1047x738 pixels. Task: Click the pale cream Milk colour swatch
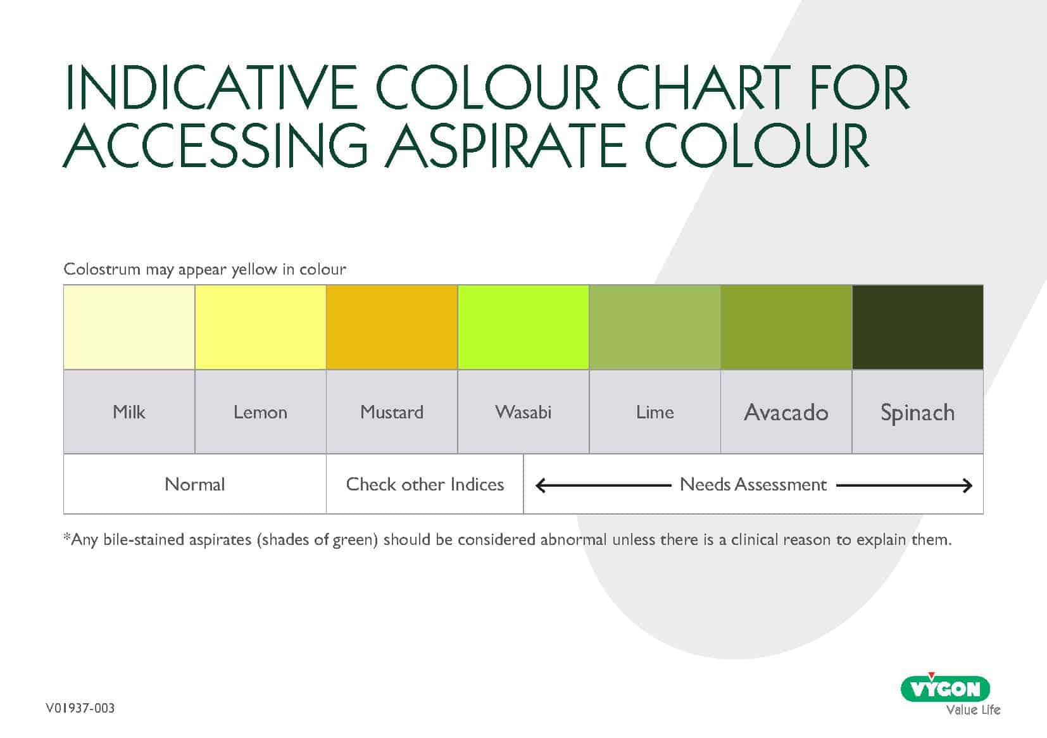click(129, 327)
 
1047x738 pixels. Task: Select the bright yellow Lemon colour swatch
click(260, 327)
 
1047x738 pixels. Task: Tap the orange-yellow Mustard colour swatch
click(392, 327)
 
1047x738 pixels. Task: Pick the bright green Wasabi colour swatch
click(523, 327)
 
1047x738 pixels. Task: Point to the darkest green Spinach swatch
click(917, 327)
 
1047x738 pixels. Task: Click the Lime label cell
click(655, 412)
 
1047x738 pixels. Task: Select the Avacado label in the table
click(786, 412)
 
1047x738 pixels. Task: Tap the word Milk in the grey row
click(129, 412)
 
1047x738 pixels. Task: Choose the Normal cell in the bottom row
click(195, 484)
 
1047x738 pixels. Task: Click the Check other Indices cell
click(425, 484)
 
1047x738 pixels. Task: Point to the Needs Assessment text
click(753, 484)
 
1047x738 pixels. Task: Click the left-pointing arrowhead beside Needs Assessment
click(541, 485)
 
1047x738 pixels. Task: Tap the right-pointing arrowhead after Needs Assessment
click(967, 485)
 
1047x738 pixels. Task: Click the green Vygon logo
click(945, 688)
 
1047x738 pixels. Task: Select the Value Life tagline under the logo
click(973, 710)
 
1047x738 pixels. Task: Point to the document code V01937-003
click(80, 708)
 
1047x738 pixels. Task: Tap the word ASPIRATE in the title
click(505, 145)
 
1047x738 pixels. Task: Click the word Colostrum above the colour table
click(102, 269)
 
